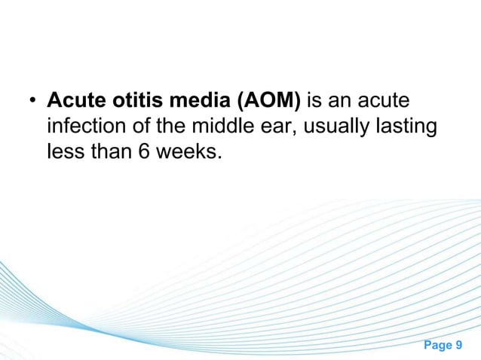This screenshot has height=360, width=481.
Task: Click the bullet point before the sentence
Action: click(x=33, y=101)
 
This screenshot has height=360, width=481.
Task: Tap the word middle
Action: click(x=215, y=127)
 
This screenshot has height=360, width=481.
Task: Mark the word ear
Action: click(x=273, y=127)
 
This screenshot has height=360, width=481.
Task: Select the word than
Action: click(x=113, y=153)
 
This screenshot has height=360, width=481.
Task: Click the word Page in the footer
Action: click(x=436, y=345)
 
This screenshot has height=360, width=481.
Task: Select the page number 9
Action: click(x=460, y=345)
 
